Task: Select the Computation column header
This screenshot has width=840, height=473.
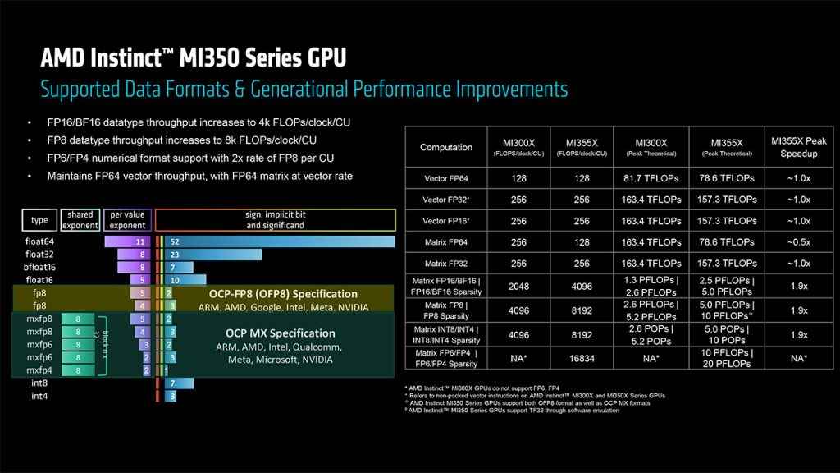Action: [x=445, y=147]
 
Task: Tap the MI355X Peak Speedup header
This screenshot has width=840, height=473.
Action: [x=799, y=147]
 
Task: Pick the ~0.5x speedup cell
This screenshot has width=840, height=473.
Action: [x=799, y=242]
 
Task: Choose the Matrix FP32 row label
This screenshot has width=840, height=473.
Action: [x=445, y=264]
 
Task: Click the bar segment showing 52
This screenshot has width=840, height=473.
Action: [x=279, y=241]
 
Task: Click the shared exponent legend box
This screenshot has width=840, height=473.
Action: [x=80, y=219]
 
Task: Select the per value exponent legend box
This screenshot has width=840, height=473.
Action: [x=128, y=219]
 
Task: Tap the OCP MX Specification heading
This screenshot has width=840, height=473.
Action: [x=280, y=333]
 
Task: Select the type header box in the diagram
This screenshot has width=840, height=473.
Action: [x=39, y=219]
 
